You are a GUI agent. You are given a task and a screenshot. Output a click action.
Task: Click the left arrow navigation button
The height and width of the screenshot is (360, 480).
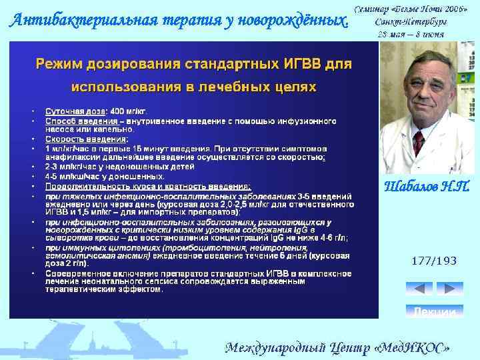419,289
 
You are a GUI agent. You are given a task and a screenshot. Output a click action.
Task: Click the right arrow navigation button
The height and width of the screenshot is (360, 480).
449,289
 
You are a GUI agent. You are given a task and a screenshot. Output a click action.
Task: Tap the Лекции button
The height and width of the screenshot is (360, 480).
434,311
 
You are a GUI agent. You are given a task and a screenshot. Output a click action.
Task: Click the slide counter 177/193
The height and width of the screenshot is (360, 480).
434,261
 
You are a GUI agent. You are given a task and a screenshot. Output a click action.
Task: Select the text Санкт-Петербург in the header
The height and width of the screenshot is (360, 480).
411,21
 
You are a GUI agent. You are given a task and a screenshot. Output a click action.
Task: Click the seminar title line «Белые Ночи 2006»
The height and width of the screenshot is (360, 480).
411,9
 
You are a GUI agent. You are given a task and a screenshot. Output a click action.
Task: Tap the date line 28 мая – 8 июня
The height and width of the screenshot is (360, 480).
411,34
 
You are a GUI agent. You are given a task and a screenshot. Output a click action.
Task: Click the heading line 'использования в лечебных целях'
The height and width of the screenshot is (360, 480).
193,87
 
